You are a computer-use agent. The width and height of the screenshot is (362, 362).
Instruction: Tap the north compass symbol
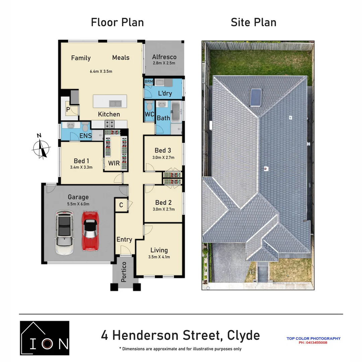pos(41,147)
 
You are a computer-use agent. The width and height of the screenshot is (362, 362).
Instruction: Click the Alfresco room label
pos(164,57)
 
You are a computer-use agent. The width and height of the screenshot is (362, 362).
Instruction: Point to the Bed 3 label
pos(163,150)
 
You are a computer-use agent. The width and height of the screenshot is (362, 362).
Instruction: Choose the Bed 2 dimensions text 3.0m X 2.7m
pos(163,209)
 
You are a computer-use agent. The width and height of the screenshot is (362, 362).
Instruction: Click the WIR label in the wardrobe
pos(114,163)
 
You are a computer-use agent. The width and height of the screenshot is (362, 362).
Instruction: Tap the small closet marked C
pos(121,205)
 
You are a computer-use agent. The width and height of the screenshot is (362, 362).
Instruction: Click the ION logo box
pos(45,338)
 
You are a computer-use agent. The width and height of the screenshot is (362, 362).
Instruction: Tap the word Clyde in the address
pos(243,335)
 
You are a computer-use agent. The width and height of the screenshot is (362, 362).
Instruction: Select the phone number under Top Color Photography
pos(313,343)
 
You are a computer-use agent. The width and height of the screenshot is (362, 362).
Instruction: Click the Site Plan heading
pos(253,22)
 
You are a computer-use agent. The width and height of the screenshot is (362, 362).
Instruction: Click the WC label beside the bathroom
pos(149,114)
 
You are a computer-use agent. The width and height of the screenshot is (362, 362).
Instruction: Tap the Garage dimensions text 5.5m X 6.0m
pos(78,204)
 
